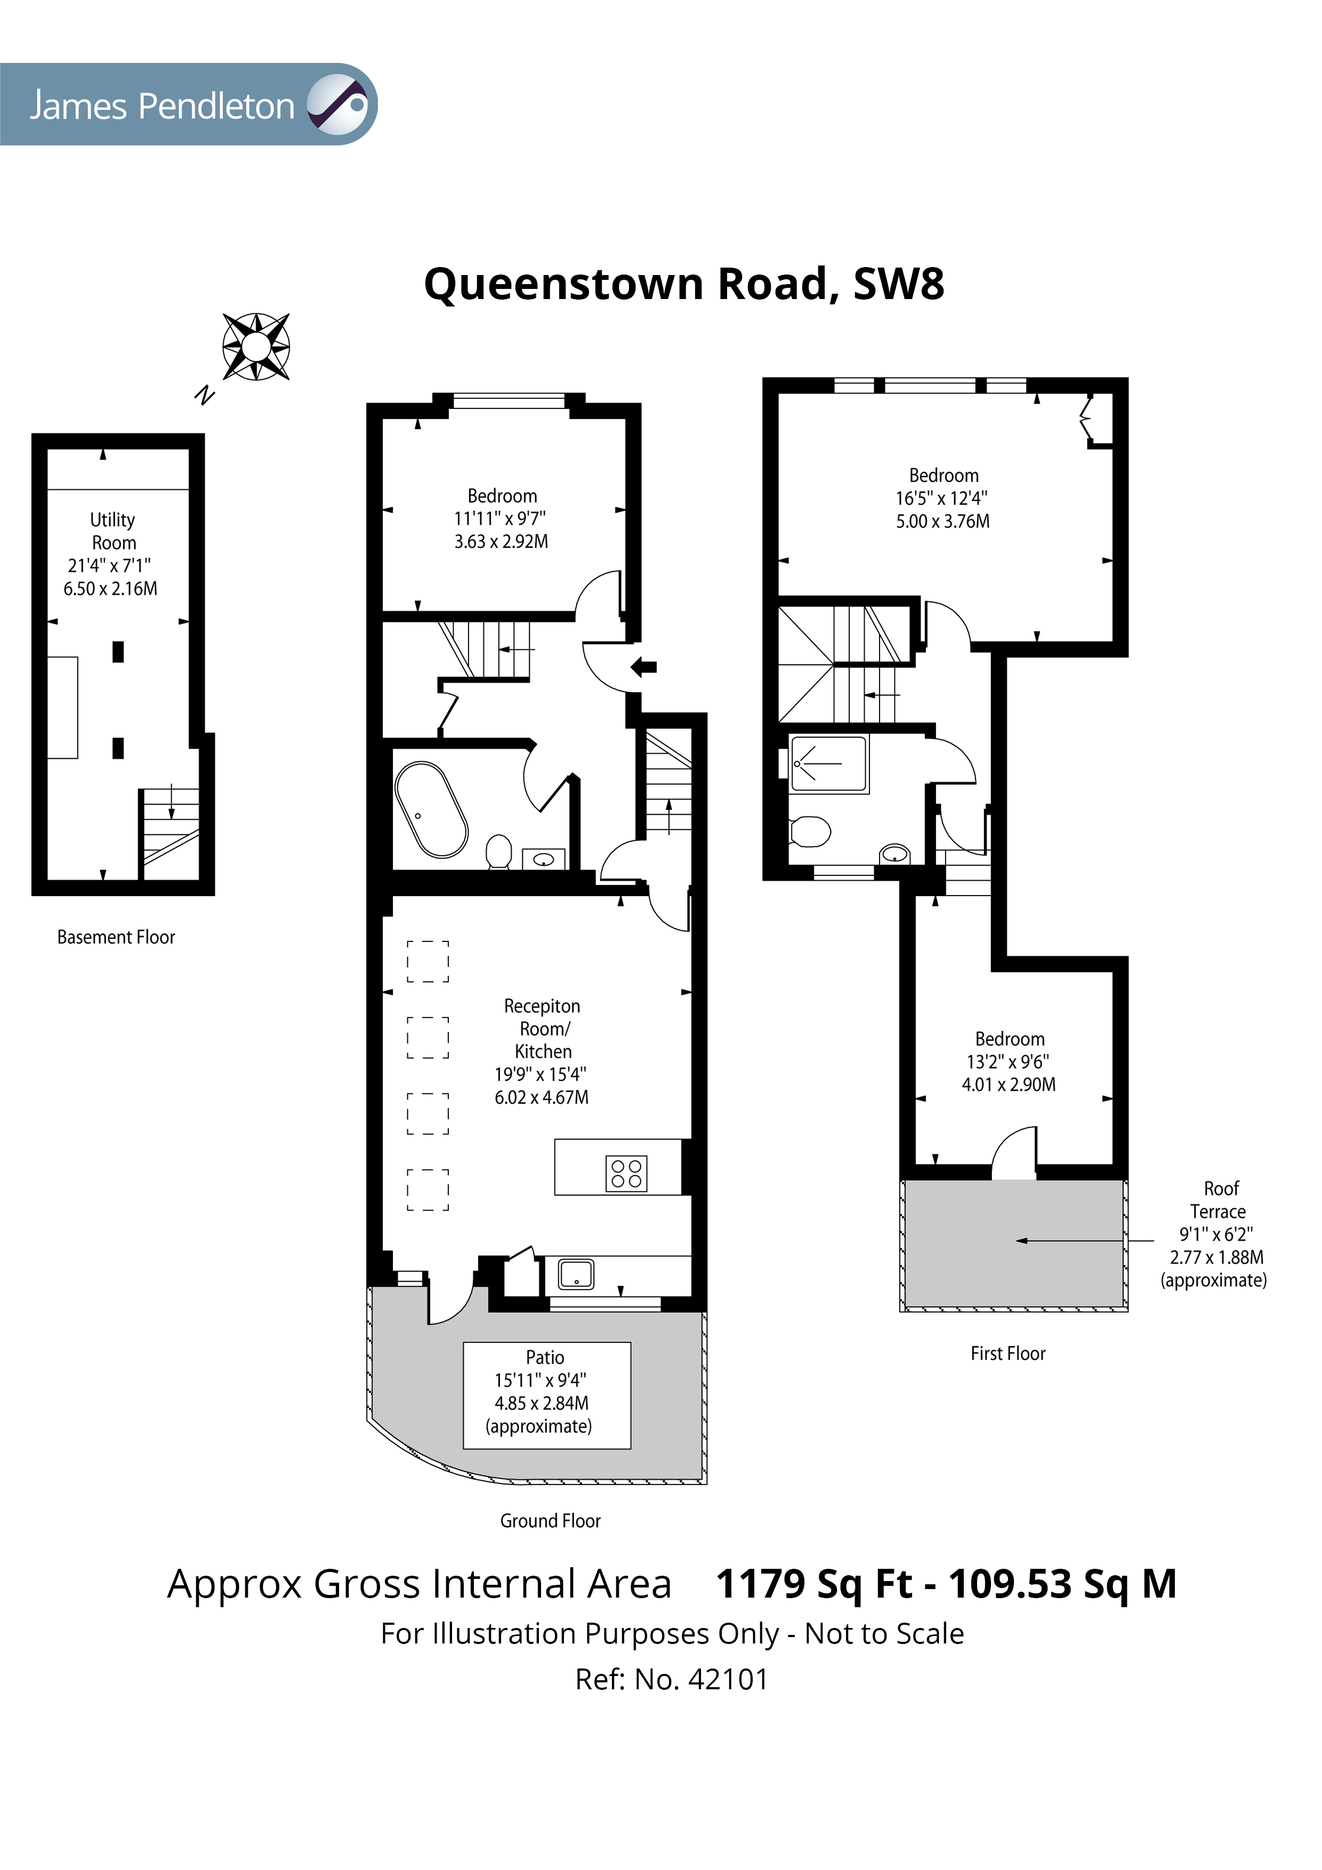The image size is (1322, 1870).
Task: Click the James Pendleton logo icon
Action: coord(338,104)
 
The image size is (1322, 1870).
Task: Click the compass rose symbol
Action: coord(256,347)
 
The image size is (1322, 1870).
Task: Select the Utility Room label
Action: coord(112,531)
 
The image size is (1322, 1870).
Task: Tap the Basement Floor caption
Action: coord(116,938)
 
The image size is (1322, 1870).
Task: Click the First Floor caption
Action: coord(1007,1353)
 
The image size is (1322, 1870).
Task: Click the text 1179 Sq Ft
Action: coord(814,1584)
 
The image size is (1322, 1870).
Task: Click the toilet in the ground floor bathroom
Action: coord(498,852)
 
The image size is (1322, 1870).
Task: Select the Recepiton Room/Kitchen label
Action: coord(543,1029)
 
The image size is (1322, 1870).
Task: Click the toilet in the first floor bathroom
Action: coord(810,832)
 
